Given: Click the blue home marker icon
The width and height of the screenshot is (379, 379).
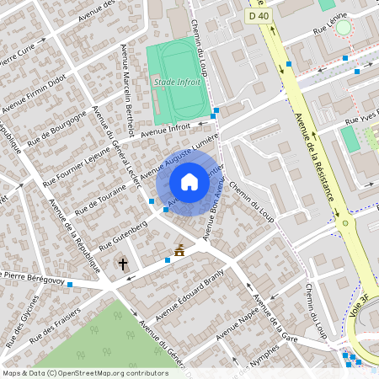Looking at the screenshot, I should coord(189,181).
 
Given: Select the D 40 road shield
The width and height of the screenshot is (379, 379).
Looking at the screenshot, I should coord(258,16).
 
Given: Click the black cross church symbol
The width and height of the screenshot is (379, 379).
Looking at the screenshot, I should coord(123,264).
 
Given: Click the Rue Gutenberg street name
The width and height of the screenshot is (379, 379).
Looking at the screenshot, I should coord(123,234).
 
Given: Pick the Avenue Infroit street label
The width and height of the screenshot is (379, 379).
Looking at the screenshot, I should coord(166,130).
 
